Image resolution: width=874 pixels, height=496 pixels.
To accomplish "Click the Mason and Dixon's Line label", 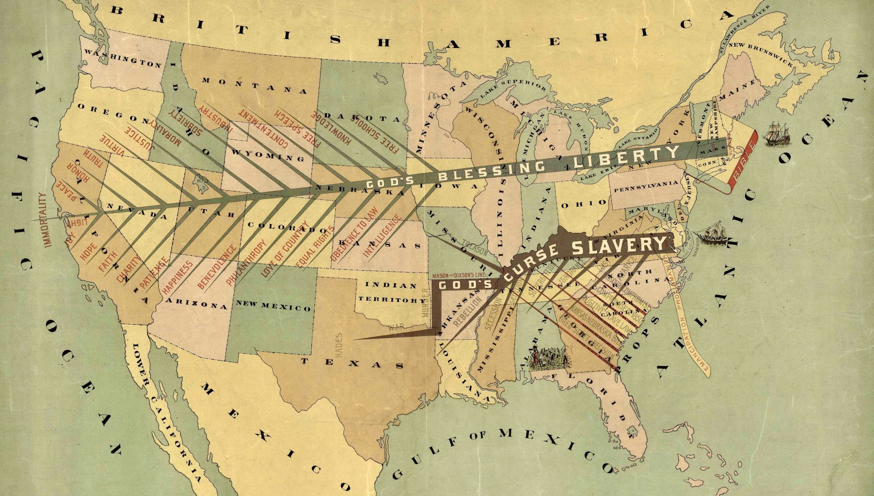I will click(x=460, y=275).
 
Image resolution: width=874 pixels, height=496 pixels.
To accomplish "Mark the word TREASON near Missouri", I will click(x=474, y=248).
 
